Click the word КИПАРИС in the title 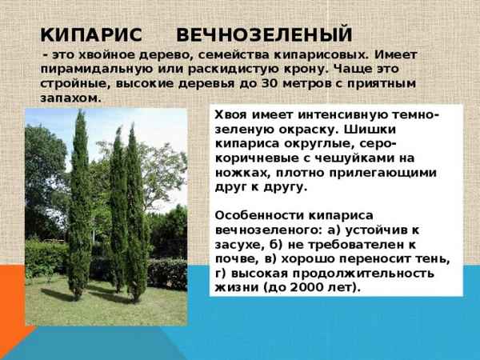click(x=90, y=34)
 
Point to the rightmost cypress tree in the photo click(x=135, y=216)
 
